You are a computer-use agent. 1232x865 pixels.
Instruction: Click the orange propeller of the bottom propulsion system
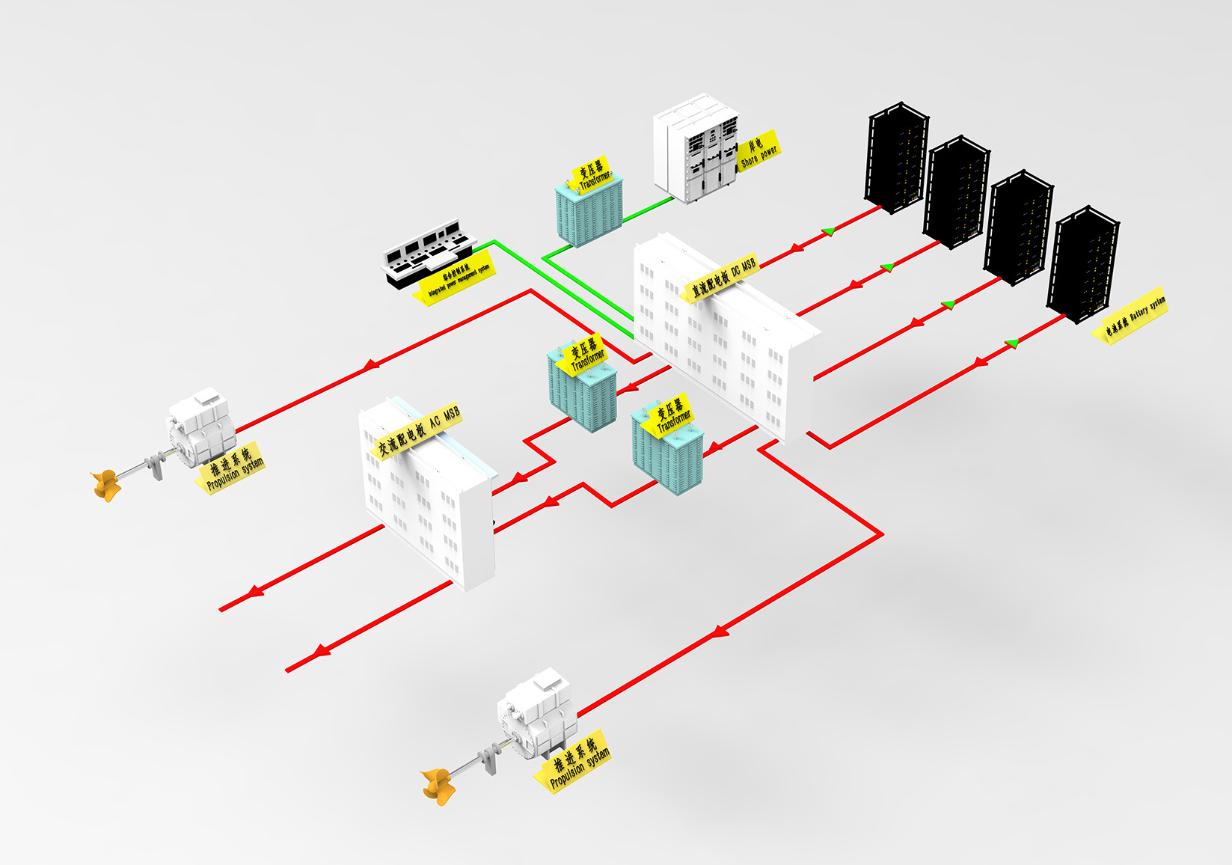point(437,785)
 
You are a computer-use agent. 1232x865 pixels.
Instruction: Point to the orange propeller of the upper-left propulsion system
point(106,484)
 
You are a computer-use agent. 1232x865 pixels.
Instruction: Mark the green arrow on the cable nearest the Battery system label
point(1012,343)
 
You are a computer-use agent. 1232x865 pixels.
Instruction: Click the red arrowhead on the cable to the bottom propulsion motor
point(719,632)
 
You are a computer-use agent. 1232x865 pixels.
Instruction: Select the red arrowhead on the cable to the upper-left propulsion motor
point(370,365)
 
